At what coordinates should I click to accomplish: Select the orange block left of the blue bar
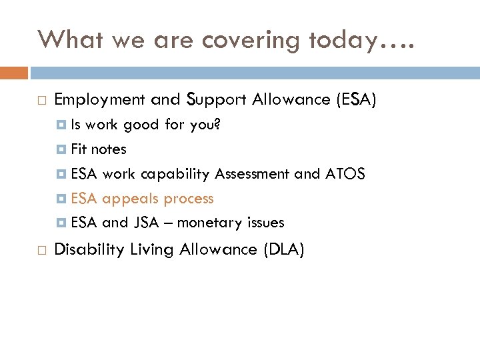pos(14,72)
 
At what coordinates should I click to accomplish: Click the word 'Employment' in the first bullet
pos(99,100)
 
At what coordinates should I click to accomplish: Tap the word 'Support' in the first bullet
pos(217,100)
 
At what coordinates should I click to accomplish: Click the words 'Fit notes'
pos(98,149)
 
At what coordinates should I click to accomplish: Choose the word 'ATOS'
pos(345,174)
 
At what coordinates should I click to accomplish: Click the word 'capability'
pos(175,174)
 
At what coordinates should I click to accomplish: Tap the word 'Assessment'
pos(253,174)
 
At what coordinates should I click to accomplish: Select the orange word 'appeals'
pos(131,199)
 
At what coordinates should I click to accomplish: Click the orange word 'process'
pos(189,199)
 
